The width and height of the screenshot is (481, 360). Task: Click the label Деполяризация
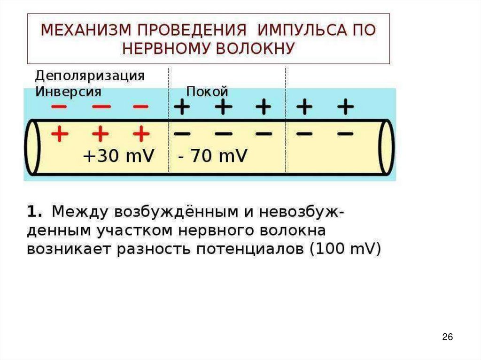click(90, 76)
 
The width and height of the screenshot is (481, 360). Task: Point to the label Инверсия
click(68, 91)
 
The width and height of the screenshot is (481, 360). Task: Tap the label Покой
click(207, 91)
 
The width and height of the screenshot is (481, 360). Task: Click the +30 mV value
click(118, 156)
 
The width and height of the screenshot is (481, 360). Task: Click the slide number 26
click(447, 337)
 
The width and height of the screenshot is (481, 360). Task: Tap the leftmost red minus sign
click(59, 107)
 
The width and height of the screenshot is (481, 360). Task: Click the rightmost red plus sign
click(140, 135)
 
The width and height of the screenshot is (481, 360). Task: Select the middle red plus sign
click(100, 135)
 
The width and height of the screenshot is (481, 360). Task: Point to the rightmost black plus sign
click(345, 107)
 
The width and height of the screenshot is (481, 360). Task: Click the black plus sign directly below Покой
click(223, 107)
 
